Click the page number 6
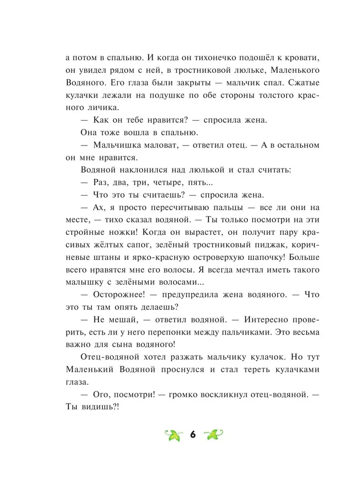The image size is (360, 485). (x=192, y=434)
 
